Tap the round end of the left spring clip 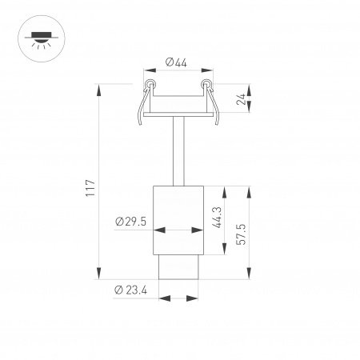click(x=149, y=83)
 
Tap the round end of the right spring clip click(x=206, y=83)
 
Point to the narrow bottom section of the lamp click(x=178, y=267)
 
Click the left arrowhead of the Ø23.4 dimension click(x=162, y=300)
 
